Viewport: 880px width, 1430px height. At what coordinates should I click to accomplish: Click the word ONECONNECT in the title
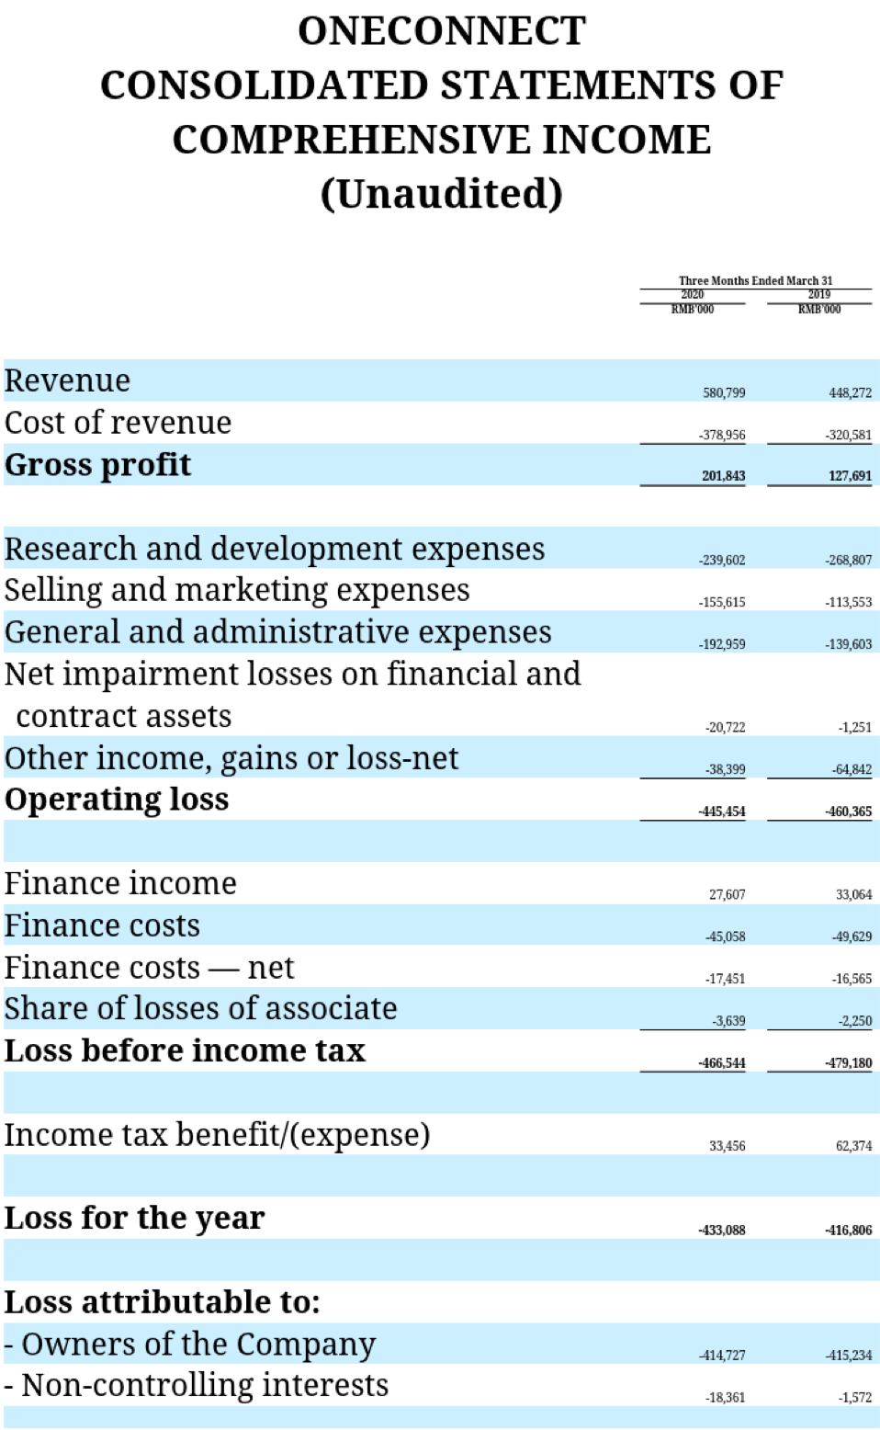[x=441, y=31]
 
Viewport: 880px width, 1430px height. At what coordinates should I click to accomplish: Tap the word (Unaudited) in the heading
[x=441, y=193]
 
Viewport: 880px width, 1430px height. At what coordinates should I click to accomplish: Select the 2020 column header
[x=692, y=295]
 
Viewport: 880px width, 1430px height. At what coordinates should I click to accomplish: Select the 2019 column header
[x=818, y=295]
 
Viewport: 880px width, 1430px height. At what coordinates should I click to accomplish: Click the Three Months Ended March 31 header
[x=755, y=281]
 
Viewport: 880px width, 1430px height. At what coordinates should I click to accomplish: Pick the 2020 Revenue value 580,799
[x=724, y=393]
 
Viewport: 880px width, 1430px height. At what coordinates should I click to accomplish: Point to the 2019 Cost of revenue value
[x=849, y=436]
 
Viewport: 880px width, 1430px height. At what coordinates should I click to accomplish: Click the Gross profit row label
[x=97, y=465]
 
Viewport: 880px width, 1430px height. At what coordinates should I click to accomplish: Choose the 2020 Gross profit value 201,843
[x=724, y=476]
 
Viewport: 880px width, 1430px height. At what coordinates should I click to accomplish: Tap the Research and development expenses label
[x=274, y=549]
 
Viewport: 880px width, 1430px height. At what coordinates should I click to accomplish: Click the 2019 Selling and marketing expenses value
[x=849, y=603]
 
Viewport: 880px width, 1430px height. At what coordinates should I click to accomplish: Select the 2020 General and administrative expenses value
[x=722, y=644]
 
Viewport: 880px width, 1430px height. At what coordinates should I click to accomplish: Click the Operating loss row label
[x=117, y=800]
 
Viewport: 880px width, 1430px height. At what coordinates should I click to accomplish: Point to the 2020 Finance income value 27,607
[x=727, y=895]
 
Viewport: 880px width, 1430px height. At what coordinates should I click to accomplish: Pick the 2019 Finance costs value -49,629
[x=851, y=936]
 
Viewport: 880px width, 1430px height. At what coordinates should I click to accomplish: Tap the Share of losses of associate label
[x=200, y=1008]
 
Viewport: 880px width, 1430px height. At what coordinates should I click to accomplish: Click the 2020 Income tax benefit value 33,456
[x=727, y=1146]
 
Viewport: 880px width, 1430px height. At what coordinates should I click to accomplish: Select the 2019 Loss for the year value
[x=849, y=1230]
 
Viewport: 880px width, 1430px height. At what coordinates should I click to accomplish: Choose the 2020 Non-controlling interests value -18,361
[x=725, y=1398]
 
